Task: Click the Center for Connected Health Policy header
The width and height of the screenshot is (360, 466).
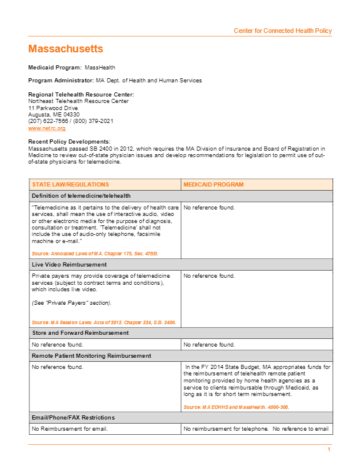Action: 282,31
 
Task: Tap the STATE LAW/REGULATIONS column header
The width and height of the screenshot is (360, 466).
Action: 71,185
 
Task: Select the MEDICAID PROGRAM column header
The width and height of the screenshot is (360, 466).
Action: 214,185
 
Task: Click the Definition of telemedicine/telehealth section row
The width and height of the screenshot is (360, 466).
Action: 81,196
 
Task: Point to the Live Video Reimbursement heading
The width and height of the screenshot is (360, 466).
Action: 69,265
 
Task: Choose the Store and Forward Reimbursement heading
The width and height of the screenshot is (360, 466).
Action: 80,333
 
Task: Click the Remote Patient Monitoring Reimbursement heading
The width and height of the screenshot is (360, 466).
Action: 91,356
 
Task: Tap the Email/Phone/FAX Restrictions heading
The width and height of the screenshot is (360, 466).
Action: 73,418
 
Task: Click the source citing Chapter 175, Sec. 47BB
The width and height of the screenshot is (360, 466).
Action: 95,254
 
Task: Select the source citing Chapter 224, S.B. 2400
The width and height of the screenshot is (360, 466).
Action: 104,322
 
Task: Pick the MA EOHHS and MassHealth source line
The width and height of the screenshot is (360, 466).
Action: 236,407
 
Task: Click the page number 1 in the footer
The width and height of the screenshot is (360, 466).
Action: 329,450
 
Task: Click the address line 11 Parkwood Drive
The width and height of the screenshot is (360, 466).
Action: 53,108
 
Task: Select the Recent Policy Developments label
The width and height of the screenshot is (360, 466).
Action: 69,141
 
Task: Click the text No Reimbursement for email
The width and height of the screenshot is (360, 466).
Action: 69,429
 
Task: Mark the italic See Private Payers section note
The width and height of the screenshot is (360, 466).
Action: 71,303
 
